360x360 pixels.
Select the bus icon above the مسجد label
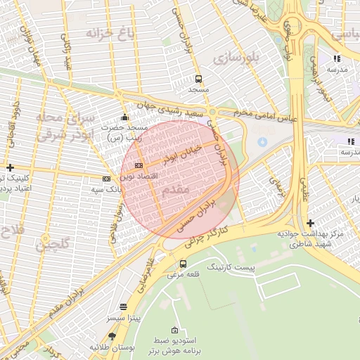pos(199,79)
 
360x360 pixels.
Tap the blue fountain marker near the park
pos(262,142)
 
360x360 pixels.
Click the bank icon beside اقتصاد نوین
pos(139,165)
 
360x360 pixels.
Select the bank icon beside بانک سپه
pos(106,179)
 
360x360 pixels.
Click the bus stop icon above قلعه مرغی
pos(184,264)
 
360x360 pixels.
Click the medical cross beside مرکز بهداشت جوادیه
pos(310,223)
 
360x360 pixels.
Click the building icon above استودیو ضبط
pos(174,330)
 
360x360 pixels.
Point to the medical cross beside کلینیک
pos(10,167)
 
